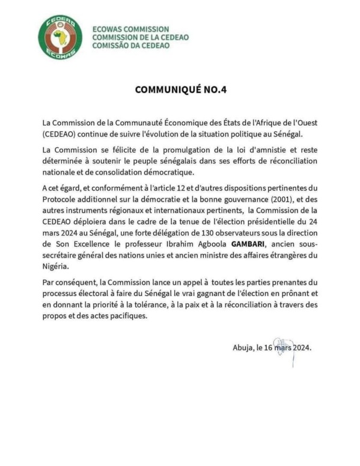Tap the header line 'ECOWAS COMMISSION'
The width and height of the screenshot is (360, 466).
[x=131, y=29]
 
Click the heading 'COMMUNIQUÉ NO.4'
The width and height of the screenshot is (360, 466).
[x=180, y=91]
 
